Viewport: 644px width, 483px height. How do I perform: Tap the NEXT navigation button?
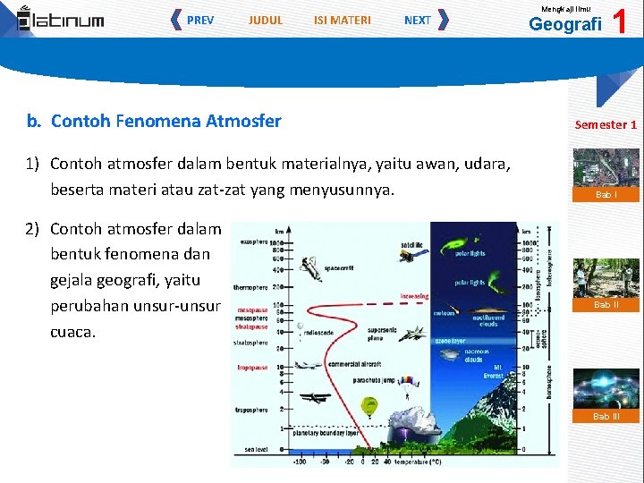click(x=418, y=20)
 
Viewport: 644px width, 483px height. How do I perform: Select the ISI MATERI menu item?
click(x=343, y=20)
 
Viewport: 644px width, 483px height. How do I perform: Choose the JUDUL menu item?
click(x=266, y=20)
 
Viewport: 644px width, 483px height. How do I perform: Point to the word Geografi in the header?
click(x=565, y=24)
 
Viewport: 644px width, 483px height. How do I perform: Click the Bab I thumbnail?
click(x=606, y=174)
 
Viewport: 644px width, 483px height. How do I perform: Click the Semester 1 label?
click(x=606, y=124)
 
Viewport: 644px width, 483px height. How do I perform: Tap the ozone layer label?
click(x=449, y=340)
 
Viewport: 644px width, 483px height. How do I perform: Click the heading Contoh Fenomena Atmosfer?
click(x=165, y=121)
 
